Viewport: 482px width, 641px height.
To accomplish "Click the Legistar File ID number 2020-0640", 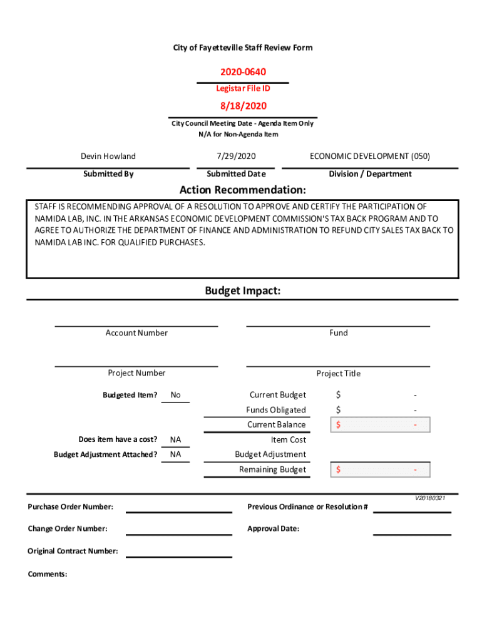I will click(242, 73).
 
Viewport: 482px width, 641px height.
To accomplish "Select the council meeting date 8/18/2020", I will click(242, 106).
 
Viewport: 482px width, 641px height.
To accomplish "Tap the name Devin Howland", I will click(108, 156).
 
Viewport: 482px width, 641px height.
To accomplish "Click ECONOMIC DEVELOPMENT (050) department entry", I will click(370, 156).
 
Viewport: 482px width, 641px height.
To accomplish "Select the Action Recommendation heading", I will click(242, 190).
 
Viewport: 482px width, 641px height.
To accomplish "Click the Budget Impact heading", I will click(242, 291).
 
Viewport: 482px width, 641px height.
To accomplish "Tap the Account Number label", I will click(136, 333).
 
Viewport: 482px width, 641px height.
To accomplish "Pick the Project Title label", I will click(338, 374).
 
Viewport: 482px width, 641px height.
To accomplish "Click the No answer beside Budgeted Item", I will click(175, 395).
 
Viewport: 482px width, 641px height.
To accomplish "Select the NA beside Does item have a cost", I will click(175, 439).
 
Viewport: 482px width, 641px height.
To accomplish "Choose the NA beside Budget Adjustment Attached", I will click(175, 454).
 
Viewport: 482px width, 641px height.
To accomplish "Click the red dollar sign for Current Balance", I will click(338, 425).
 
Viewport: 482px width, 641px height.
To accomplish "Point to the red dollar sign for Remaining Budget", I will click(338, 469).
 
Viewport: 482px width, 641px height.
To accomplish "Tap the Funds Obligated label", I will click(276, 410).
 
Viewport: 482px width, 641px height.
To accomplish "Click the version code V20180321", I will click(430, 498).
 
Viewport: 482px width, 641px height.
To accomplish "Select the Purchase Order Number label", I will click(70, 506).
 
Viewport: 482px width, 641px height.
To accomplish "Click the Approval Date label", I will click(273, 529).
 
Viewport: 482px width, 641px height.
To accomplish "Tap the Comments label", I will click(48, 574).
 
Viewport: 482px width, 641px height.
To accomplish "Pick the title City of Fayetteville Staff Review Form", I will click(242, 48).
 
